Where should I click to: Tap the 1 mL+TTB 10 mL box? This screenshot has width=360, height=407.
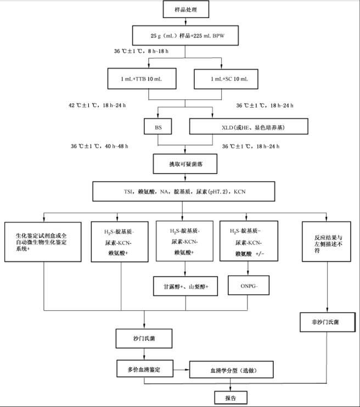[x=143, y=79]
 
